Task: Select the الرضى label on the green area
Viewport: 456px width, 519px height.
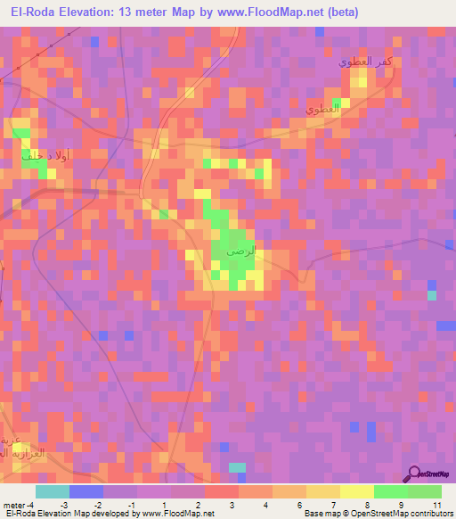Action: [x=240, y=253]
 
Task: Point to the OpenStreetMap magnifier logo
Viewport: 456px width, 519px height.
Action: [x=415, y=474]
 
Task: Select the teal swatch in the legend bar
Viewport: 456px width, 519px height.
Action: [x=53, y=491]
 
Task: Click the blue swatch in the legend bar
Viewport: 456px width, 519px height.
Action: [x=86, y=491]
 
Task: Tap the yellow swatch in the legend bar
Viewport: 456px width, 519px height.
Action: [x=357, y=491]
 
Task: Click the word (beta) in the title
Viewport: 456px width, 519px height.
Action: [x=339, y=12]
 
